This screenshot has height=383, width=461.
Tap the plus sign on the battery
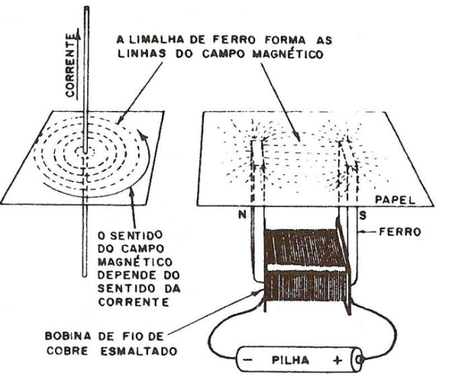[x=338, y=361]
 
